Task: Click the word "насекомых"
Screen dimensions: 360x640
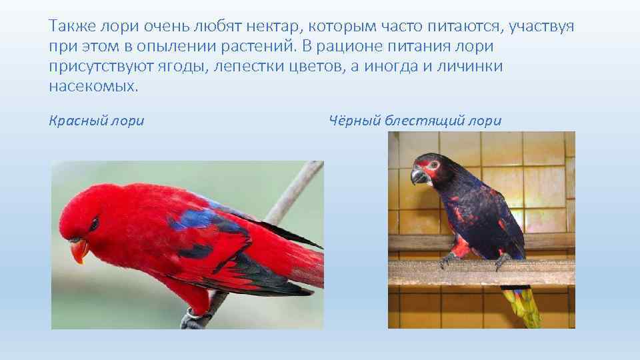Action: pos(93,87)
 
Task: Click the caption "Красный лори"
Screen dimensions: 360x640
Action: pos(97,121)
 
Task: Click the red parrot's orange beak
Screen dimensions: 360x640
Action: pos(79,251)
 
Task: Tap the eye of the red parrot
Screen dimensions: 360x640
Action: pos(94,223)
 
